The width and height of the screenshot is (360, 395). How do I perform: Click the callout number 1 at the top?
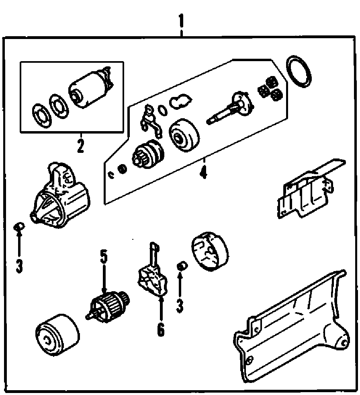point(181,22)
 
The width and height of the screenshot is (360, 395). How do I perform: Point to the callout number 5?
point(104,257)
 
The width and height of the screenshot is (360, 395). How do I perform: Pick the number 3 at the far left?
point(19,265)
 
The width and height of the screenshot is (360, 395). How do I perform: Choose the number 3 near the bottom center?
point(180,306)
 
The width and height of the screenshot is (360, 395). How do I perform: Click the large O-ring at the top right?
point(299,72)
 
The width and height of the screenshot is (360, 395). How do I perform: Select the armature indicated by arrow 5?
point(108,306)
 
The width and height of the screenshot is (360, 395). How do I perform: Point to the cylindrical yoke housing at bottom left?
point(57,335)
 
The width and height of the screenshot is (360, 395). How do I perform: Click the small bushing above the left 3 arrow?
point(19,226)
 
